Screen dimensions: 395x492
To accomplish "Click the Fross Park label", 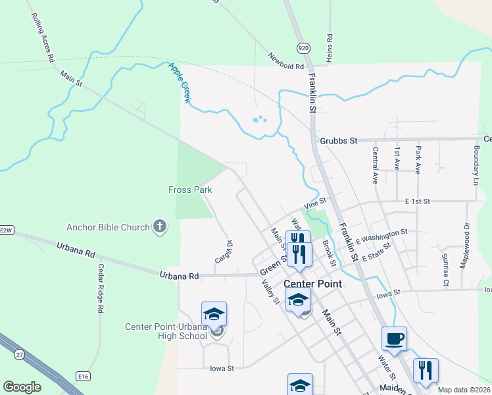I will pos(190,190).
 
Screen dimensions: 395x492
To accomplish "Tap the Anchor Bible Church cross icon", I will pos(159,228).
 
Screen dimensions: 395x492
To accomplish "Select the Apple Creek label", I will pos(180,82).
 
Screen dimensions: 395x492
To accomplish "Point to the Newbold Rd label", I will pos(286,61).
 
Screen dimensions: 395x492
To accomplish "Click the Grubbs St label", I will pos(339,141).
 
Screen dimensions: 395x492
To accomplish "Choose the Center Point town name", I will pos(313,284).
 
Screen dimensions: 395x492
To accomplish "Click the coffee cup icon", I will pos(394,338).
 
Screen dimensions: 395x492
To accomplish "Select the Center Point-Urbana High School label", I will pos(166,331).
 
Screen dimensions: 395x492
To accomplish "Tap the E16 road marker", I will pos(82,376).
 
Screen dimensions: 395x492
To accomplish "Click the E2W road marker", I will pos(7,230).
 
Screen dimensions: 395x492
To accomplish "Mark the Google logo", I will pos(21,387).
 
